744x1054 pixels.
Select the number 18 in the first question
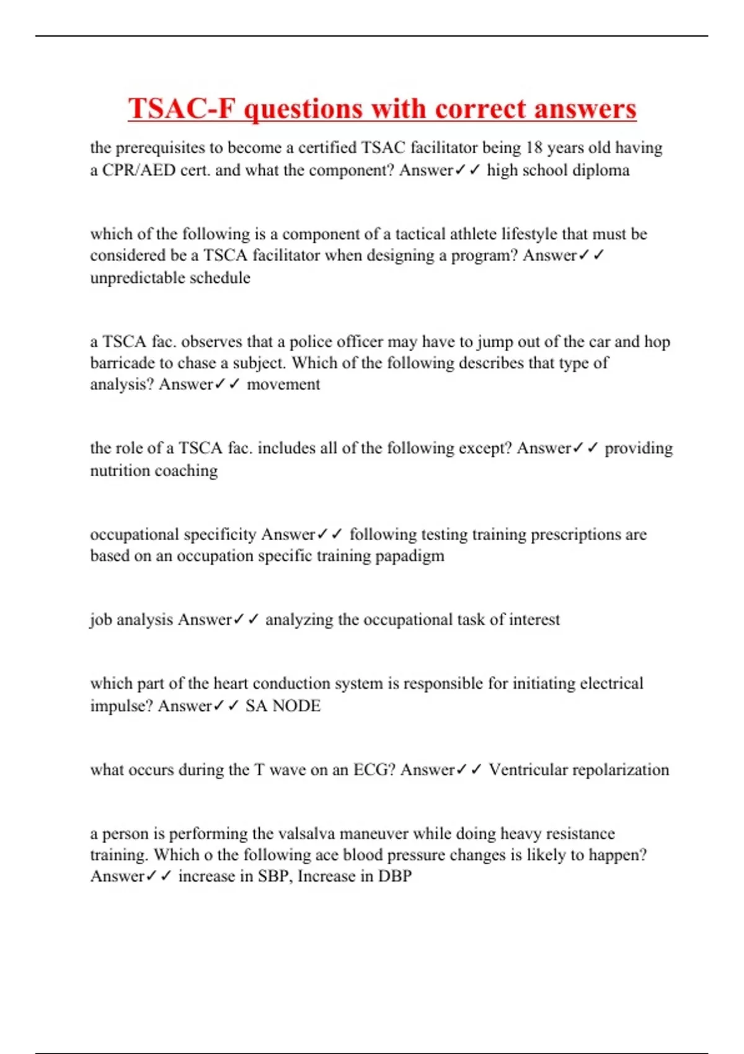(534, 148)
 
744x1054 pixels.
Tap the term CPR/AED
(139, 170)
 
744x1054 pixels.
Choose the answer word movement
(283, 384)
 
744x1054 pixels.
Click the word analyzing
(299, 619)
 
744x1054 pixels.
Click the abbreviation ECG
(371, 769)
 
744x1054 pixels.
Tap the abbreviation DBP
(395, 876)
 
